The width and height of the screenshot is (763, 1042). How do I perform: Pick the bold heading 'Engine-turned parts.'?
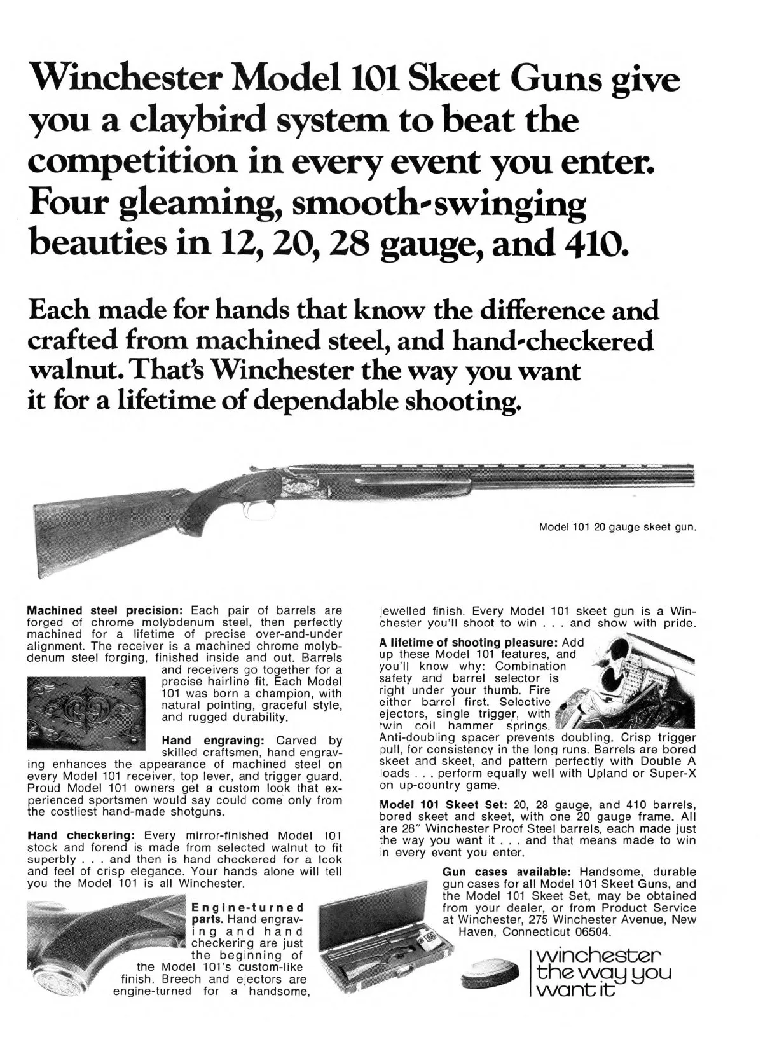click(x=247, y=913)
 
